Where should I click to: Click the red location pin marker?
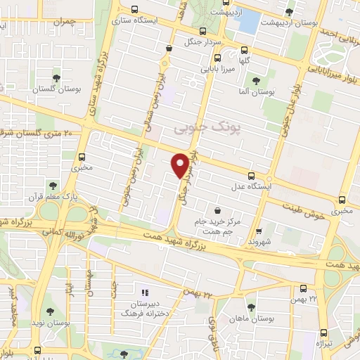tap(181, 165)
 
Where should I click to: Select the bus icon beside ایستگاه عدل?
tap(252, 176)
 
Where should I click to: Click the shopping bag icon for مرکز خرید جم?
tap(217, 210)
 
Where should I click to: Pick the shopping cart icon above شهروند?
tap(259, 230)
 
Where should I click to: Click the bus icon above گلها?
tap(244, 50)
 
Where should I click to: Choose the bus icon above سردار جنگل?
tap(203, 31)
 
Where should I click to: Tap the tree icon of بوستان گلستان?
tap(56, 77)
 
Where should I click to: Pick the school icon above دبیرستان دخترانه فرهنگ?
tap(146, 291)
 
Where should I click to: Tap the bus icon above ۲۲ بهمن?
tap(303, 288)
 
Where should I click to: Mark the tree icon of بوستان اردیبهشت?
tap(289, 12)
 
